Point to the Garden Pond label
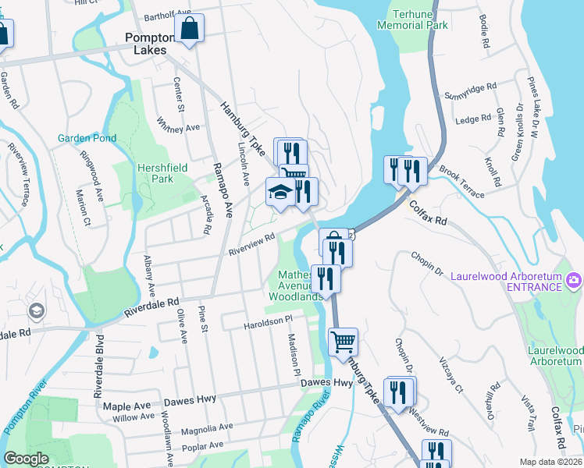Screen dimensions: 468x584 click(87, 139)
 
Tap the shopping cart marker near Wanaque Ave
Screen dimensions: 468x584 click(344, 341)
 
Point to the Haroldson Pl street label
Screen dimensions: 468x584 click(267, 320)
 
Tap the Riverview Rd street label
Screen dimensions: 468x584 click(251, 246)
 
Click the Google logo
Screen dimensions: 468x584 click(26, 459)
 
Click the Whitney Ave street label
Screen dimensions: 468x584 click(179, 124)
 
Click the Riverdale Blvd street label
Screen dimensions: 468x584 click(99, 367)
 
